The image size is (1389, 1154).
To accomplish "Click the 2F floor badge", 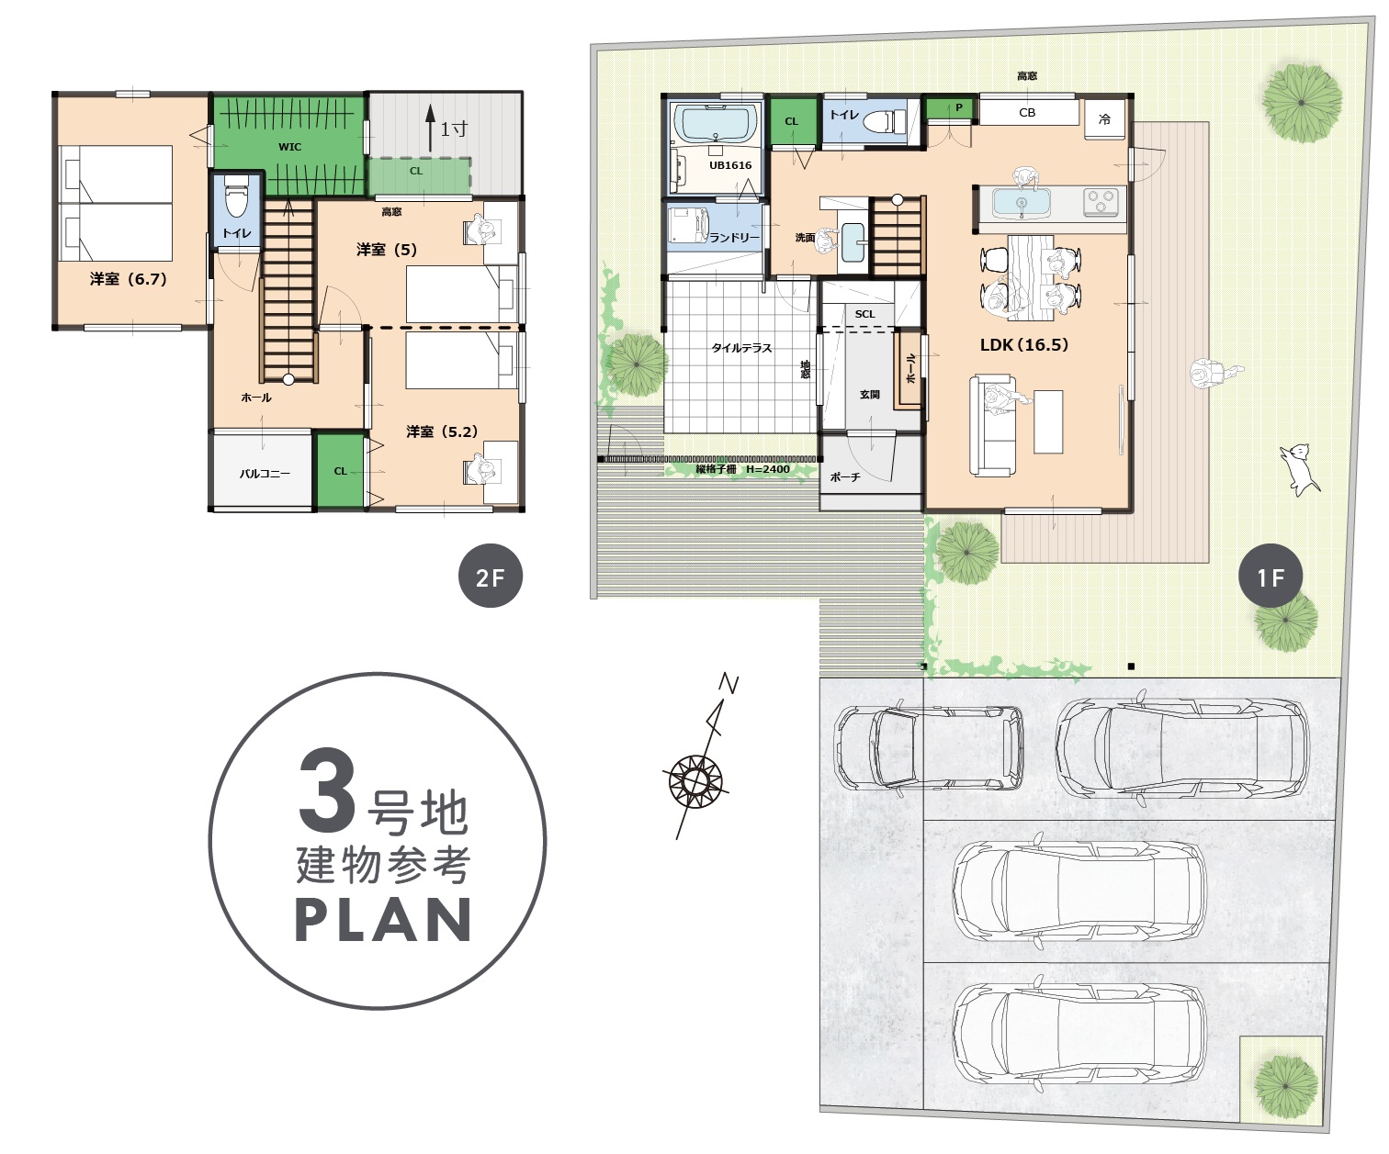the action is [x=491, y=576].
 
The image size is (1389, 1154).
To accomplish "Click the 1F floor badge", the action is [x=1270, y=576].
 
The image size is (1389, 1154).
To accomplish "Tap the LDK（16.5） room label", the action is [x=1024, y=344].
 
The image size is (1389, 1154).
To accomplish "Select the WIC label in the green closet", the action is [x=289, y=147].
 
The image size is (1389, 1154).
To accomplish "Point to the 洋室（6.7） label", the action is [x=129, y=279].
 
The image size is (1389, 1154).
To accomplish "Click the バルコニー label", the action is [x=265, y=474].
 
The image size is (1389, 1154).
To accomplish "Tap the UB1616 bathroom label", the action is [x=730, y=165].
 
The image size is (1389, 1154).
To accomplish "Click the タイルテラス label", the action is [x=741, y=348].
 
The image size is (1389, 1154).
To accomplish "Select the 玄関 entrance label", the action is [x=869, y=394].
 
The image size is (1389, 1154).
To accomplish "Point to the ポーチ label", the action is [x=845, y=476].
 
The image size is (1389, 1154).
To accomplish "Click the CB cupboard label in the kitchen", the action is [x=1027, y=112].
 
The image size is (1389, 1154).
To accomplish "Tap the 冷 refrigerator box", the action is [x=1105, y=119].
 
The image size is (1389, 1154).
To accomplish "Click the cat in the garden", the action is [x=1299, y=469].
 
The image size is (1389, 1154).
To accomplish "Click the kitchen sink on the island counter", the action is [x=1022, y=203].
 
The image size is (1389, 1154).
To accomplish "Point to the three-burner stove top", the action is [x=1101, y=203].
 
